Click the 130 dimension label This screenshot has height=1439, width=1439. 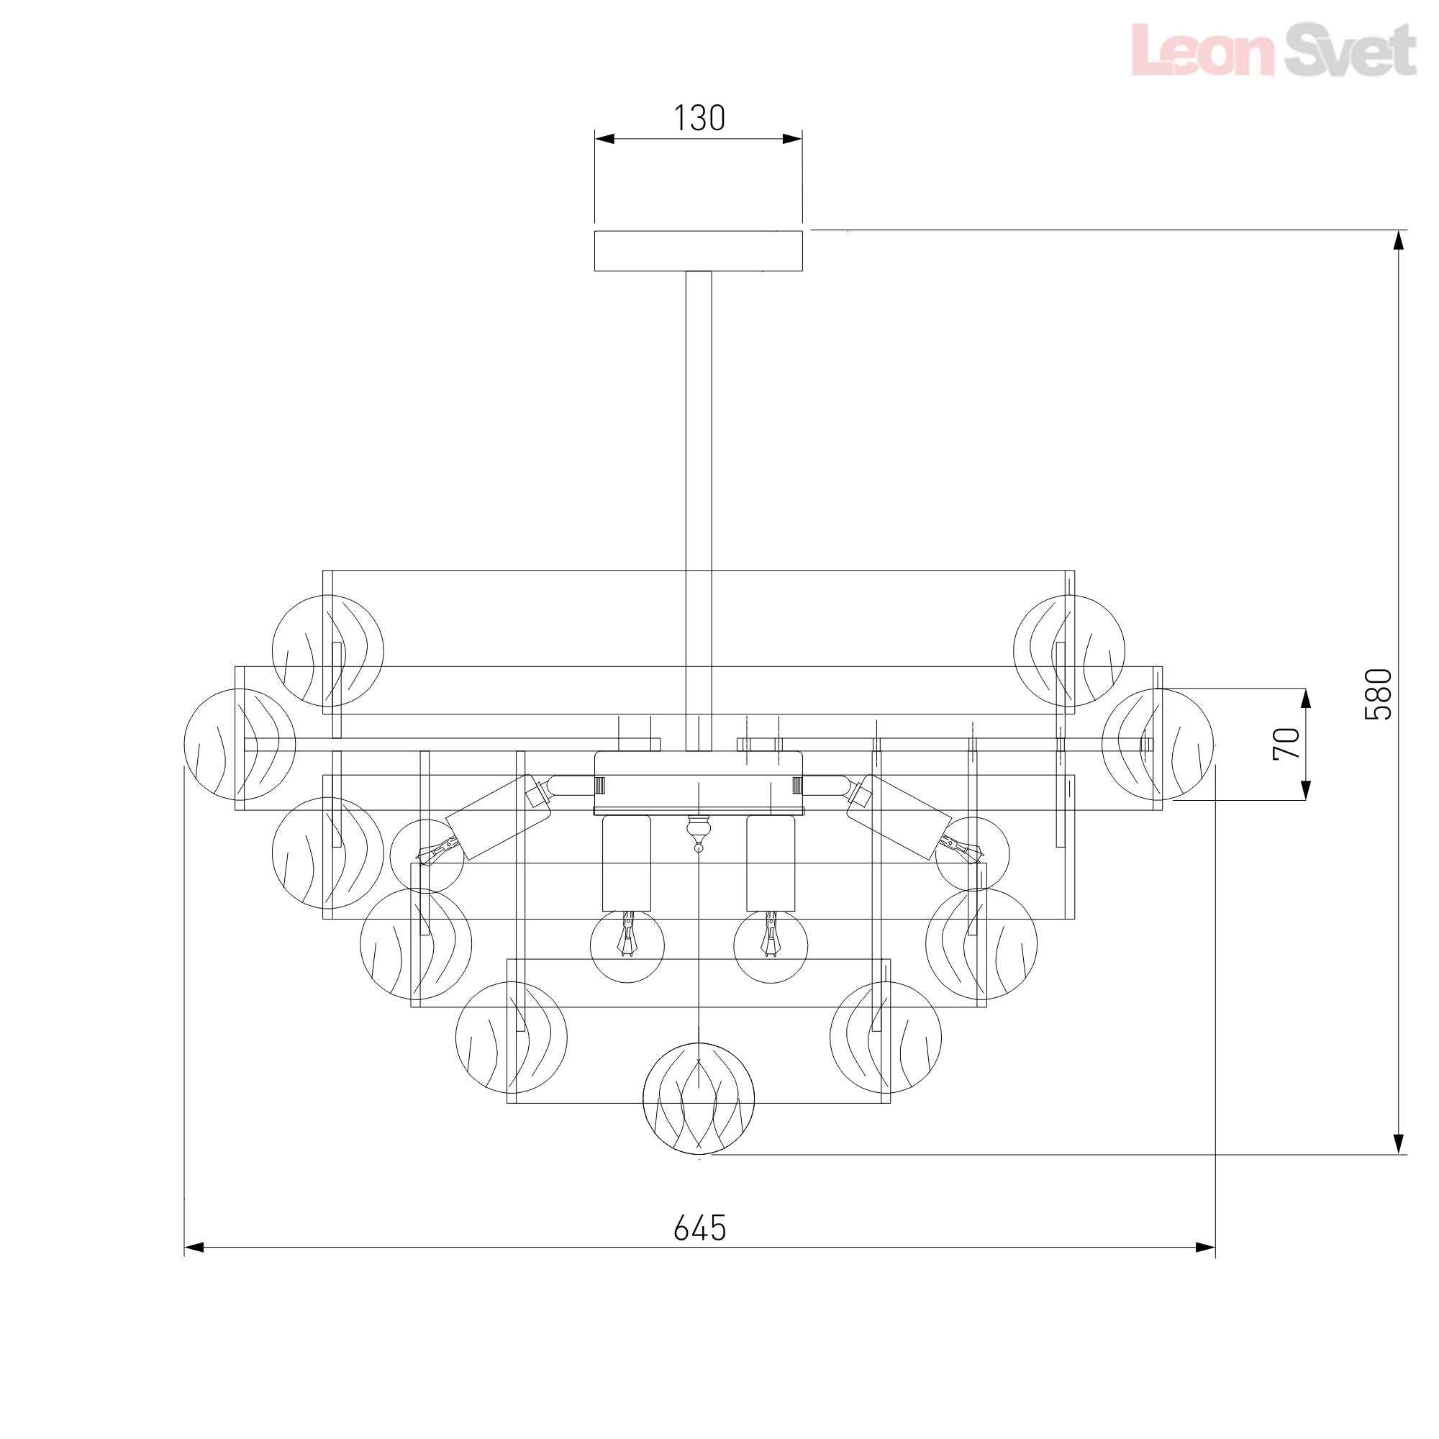point(699,119)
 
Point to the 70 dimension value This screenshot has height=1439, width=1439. point(1286,743)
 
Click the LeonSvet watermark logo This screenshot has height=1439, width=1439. point(1274,49)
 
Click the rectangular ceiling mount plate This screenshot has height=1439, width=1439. point(698,251)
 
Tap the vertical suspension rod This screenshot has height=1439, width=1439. point(699,511)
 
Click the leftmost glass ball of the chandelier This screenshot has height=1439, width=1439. point(240,744)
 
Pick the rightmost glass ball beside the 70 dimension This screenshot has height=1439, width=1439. point(1158,744)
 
